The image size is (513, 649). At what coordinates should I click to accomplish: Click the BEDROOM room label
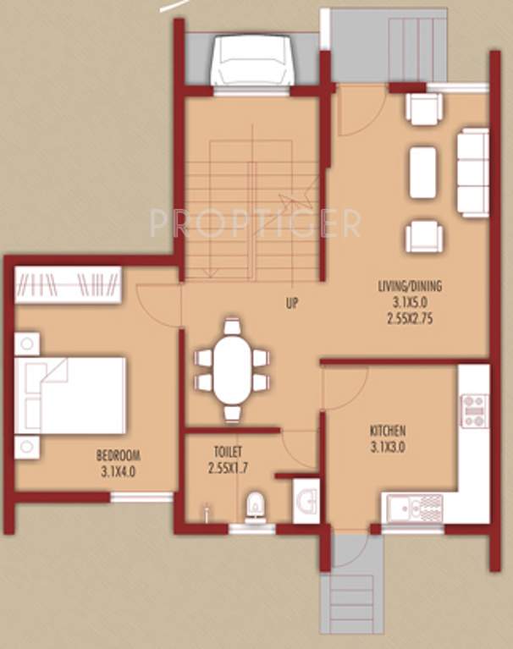(117, 454)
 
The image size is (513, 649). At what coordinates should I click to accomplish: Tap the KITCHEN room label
(387, 430)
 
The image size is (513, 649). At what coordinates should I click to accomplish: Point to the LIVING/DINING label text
(410, 285)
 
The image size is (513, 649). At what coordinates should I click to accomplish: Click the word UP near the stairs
(290, 302)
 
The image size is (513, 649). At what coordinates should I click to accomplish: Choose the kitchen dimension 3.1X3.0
(387, 447)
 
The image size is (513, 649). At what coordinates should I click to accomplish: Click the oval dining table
(231, 370)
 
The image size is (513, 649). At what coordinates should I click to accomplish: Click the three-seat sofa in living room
(472, 173)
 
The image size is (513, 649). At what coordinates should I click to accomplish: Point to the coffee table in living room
(423, 172)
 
